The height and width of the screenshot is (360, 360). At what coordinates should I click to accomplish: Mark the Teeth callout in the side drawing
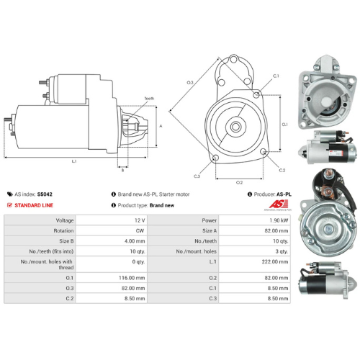pyautogui.click(x=148, y=98)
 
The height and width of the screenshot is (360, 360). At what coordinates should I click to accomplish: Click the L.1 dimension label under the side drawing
pyautogui.click(x=74, y=161)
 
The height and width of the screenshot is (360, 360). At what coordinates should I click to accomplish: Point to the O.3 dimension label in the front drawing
pyautogui.click(x=190, y=84)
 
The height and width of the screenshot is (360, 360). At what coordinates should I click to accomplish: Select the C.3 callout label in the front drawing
pyautogui.click(x=197, y=176)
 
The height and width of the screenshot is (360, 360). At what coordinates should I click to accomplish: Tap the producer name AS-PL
pyautogui.click(x=284, y=194)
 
